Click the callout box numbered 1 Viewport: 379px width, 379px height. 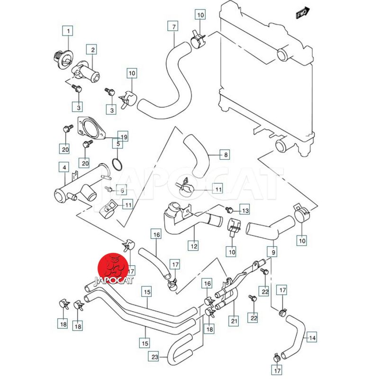(x=68, y=32)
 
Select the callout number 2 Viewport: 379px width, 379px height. (x=91, y=49)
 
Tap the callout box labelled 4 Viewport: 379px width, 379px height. (x=63, y=167)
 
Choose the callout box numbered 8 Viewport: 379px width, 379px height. (x=226, y=154)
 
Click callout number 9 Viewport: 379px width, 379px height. (x=273, y=252)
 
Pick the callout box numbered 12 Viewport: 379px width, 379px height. (x=194, y=246)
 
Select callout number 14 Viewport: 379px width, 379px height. (x=312, y=338)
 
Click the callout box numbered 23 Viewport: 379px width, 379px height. (x=154, y=357)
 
